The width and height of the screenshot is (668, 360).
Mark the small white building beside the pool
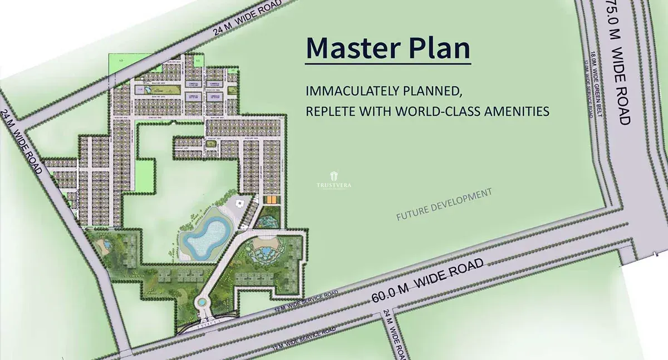click(x=240, y=204)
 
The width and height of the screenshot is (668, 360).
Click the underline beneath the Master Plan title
click(x=388, y=63)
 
